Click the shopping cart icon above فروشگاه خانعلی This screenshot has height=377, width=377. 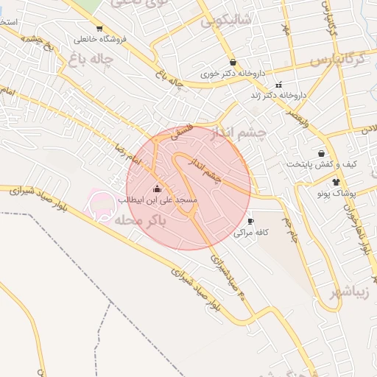click(100, 29)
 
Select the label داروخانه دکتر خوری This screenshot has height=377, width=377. click(233, 74)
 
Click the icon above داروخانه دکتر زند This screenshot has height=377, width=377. click(278, 85)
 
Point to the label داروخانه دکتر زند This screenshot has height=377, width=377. click(278, 95)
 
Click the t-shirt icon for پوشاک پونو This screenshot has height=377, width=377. click(337, 182)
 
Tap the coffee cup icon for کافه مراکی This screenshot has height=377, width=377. click(251, 221)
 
